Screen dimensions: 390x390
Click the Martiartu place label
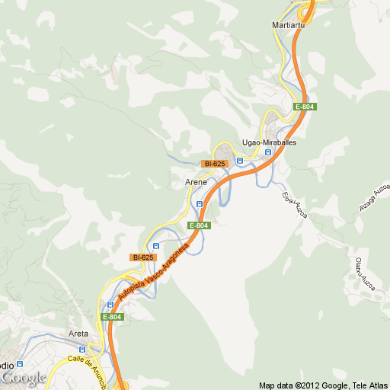[x=288, y=25]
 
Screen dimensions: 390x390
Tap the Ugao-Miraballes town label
[x=268, y=142]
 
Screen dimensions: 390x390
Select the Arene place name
[x=196, y=183]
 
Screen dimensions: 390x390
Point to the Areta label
[x=78, y=334]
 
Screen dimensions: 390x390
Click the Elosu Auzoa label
[x=294, y=204]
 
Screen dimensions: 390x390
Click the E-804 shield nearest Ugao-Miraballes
[x=305, y=107]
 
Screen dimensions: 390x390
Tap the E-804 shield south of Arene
[x=198, y=225]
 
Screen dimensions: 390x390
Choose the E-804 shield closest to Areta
[x=110, y=317]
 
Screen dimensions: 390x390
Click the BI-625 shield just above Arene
[x=214, y=164]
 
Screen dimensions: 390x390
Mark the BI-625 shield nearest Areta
[x=143, y=257]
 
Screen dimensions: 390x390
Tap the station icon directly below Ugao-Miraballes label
[x=267, y=152]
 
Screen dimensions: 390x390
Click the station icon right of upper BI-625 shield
[x=239, y=161]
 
